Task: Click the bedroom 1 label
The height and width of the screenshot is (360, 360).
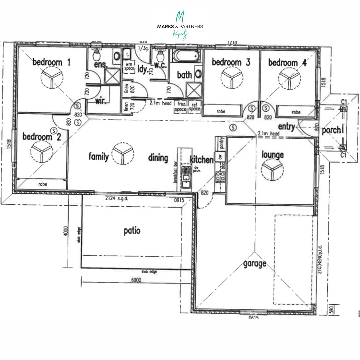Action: [52, 62]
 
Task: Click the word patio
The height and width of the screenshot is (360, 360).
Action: [132, 231]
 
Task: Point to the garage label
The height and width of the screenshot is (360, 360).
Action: [254, 263]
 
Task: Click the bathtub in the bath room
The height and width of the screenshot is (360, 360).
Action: [187, 55]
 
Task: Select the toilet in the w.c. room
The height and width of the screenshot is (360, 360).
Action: [159, 54]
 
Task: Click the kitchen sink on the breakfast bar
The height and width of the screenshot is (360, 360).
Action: [186, 177]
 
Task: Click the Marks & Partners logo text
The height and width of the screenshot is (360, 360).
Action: [180, 26]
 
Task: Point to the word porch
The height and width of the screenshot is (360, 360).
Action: [331, 130]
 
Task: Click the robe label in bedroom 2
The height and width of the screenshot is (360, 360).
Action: [42, 184]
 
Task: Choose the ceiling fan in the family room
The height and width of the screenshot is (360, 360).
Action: [123, 154]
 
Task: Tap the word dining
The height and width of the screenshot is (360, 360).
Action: [158, 158]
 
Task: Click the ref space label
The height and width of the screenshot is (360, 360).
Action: [195, 107]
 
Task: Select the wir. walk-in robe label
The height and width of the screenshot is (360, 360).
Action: [101, 101]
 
